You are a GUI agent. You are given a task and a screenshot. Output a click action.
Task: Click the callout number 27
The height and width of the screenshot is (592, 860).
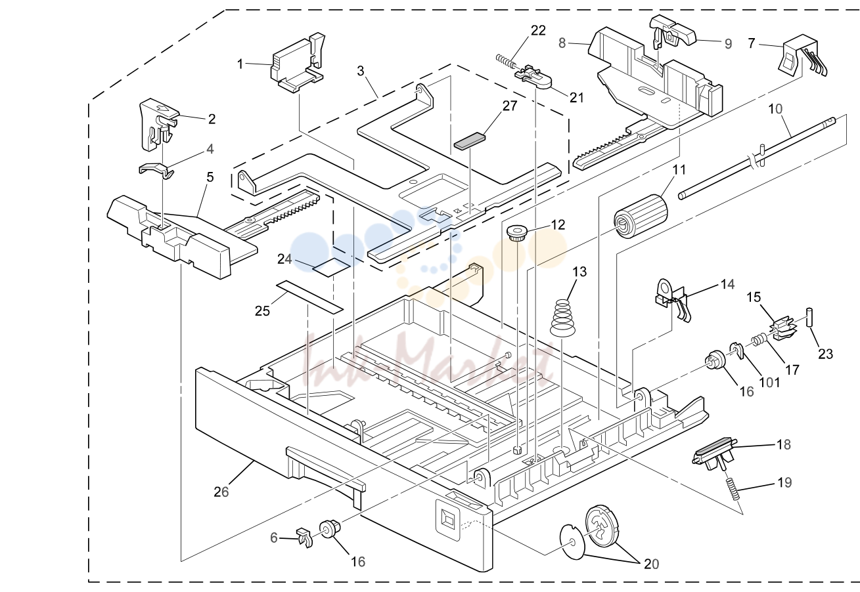click(509, 106)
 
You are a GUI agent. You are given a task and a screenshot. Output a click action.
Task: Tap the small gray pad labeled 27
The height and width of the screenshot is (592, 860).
click(470, 140)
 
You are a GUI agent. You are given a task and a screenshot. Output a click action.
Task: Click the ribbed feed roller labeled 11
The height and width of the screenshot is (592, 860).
click(640, 216)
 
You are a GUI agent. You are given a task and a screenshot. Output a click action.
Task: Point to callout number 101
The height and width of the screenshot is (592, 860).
click(770, 382)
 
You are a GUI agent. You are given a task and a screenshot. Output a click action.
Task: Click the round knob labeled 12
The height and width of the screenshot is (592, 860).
click(516, 234)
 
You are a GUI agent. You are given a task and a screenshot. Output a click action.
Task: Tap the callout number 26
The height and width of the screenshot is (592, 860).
click(221, 491)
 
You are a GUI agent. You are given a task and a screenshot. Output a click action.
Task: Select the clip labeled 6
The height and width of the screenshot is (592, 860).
click(304, 537)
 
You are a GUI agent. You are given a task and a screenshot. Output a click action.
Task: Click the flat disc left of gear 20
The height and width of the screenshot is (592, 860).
click(572, 541)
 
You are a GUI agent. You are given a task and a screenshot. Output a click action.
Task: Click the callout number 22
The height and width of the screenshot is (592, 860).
click(538, 30)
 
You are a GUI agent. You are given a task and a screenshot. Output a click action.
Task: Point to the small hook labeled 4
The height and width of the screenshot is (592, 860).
click(156, 169)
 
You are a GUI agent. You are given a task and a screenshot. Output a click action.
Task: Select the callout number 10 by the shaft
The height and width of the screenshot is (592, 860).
click(775, 109)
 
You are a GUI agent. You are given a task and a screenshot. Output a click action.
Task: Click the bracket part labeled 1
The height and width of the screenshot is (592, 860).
click(298, 63)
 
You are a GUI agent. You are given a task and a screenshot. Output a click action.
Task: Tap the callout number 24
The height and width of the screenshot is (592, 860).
click(284, 260)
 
